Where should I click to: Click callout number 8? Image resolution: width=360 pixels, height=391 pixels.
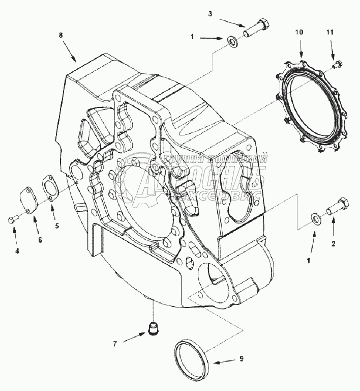click(61, 35)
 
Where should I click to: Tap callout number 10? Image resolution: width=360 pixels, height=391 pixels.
click(300, 32)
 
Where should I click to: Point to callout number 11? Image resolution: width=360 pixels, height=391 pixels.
click(330, 33)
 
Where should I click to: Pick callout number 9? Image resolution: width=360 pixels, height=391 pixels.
click(242, 358)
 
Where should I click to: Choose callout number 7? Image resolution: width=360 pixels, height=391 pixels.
click(115, 344)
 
